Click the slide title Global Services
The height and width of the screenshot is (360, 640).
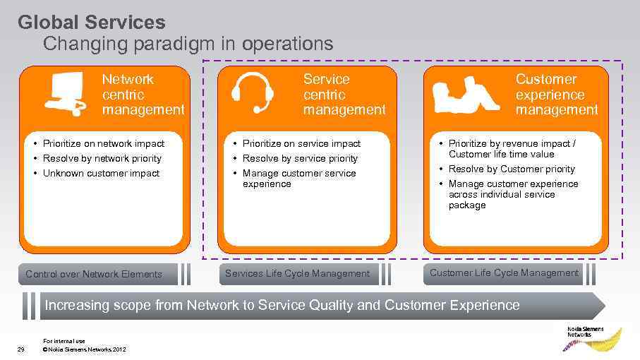pyautogui.click(x=92, y=23)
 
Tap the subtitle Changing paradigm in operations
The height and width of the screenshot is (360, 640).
pyautogui.click(x=188, y=44)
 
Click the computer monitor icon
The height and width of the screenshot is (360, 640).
pyautogui.click(x=65, y=93)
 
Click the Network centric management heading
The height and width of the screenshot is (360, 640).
pyautogui.click(x=143, y=95)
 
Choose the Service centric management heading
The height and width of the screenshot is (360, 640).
pyautogui.click(x=344, y=95)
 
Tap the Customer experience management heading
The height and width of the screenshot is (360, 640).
pyautogui.click(x=557, y=95)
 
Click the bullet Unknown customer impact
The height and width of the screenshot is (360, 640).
pyautogui.click(x=101, y=174)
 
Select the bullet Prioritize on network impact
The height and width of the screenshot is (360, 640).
pyautogui.click(x=103, y=143)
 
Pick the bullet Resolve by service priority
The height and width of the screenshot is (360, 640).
pyautogui.click(x=300, y=159)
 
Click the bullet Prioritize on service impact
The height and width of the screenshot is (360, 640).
pyautogui.click(x=301, y=143)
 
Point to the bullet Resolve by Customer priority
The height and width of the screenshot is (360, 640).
pyautogui.click(x=512, y=169)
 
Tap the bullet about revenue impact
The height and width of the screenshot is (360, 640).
pyautogui.click(x=512, y=148)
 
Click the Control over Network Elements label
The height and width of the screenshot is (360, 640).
pyautogui.click(x=94, y=275)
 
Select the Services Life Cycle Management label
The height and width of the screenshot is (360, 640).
pyautogui.click(x=297, y=274)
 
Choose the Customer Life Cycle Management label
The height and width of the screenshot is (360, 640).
pyautogui.click(x=504, y=273)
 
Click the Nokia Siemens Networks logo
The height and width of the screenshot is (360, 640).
pyautogui.click(x=592, y=337)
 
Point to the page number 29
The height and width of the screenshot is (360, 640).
pyautogui.click(x=20, y=349)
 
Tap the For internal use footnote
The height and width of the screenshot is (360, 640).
pyautogui.click(x=64, y=342)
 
